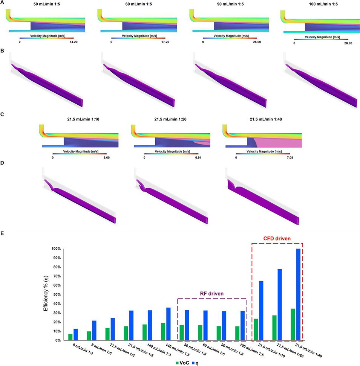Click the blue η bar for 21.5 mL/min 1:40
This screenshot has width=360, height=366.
point(299,294)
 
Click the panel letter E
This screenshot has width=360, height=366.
point(3,233)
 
